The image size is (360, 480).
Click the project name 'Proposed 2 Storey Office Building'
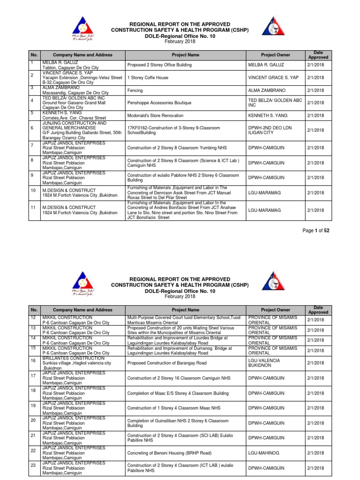[x=159, y=65]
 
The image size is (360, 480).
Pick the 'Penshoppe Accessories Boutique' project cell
[x=158, y=103]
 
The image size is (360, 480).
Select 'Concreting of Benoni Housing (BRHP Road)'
[x=169, y=452]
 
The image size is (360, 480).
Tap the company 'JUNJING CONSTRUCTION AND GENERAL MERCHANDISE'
[x=75, y=125]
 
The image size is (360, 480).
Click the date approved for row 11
[x=316, y=210]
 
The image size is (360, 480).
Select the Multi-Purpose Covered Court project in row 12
[x=184, y=320]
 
